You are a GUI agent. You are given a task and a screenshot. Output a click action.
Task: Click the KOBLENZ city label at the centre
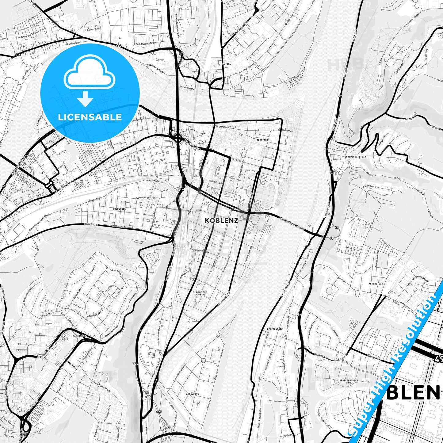tap(221, 220)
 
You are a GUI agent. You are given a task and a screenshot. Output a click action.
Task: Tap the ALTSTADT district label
tap(262, 140)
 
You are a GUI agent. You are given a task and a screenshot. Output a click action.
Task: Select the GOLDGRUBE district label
tap(119, 209)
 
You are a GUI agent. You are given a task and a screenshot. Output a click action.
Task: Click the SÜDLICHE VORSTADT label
tap(201, 293)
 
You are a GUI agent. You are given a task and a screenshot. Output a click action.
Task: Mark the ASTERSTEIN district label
tap(376, 284)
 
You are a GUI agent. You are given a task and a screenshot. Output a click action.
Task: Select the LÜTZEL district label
tap(227, 64)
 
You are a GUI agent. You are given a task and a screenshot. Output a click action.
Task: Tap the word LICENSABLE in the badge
tap(90, 117)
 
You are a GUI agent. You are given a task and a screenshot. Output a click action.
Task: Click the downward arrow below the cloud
tap(85, 100)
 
